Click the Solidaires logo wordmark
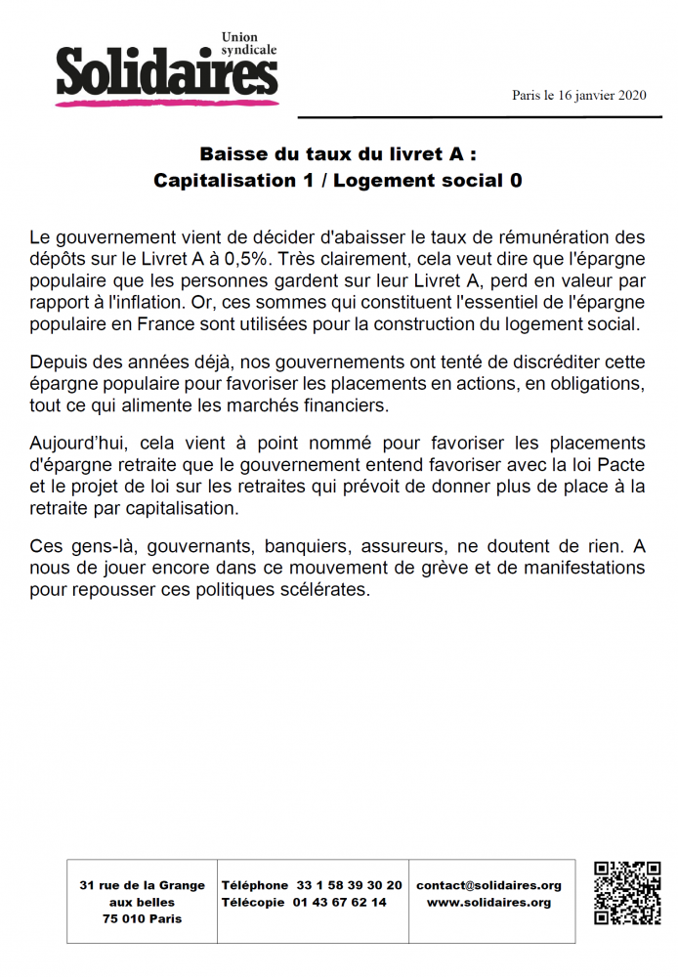166,70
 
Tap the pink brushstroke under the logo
166,99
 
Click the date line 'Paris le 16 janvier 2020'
579,95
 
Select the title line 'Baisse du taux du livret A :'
338,154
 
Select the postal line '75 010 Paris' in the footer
142,918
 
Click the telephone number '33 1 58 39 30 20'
349,885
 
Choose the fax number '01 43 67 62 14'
340,902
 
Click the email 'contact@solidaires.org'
488,885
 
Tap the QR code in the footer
627,893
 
